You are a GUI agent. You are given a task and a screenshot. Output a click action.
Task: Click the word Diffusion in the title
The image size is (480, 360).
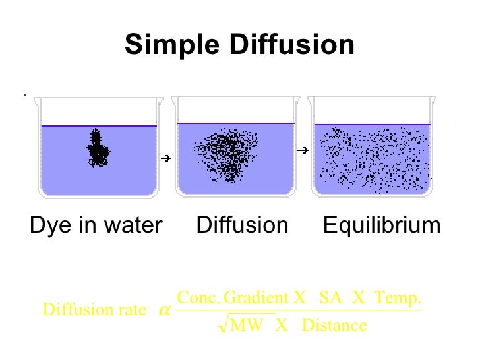tap(291, 45)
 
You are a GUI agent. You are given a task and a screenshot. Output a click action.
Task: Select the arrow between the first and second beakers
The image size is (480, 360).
tap(165, 158)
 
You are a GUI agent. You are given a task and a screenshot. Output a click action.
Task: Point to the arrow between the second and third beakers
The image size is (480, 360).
tap(303, 151)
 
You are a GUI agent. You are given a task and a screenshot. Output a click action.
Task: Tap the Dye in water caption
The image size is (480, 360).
tap(96, 225)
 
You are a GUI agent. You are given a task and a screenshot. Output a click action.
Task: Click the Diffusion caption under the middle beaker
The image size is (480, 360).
tap(242, 225)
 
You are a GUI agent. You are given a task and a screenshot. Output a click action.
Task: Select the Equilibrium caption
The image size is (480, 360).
tap(381, 225)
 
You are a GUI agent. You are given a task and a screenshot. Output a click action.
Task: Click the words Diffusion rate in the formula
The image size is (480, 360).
tap(94, 310)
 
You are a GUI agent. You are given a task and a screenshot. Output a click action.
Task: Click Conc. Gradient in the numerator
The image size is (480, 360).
tap(234, 298)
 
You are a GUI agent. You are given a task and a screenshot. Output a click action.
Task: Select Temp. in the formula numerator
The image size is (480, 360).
tap(397, 298)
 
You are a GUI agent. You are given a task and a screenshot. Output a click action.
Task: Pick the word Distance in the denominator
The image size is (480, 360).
tap(334, 325)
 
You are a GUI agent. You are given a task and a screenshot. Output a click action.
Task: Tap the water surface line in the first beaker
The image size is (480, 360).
tap(98, 125)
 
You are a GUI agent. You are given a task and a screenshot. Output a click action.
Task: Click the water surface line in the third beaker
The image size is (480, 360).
tap(372, 124)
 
